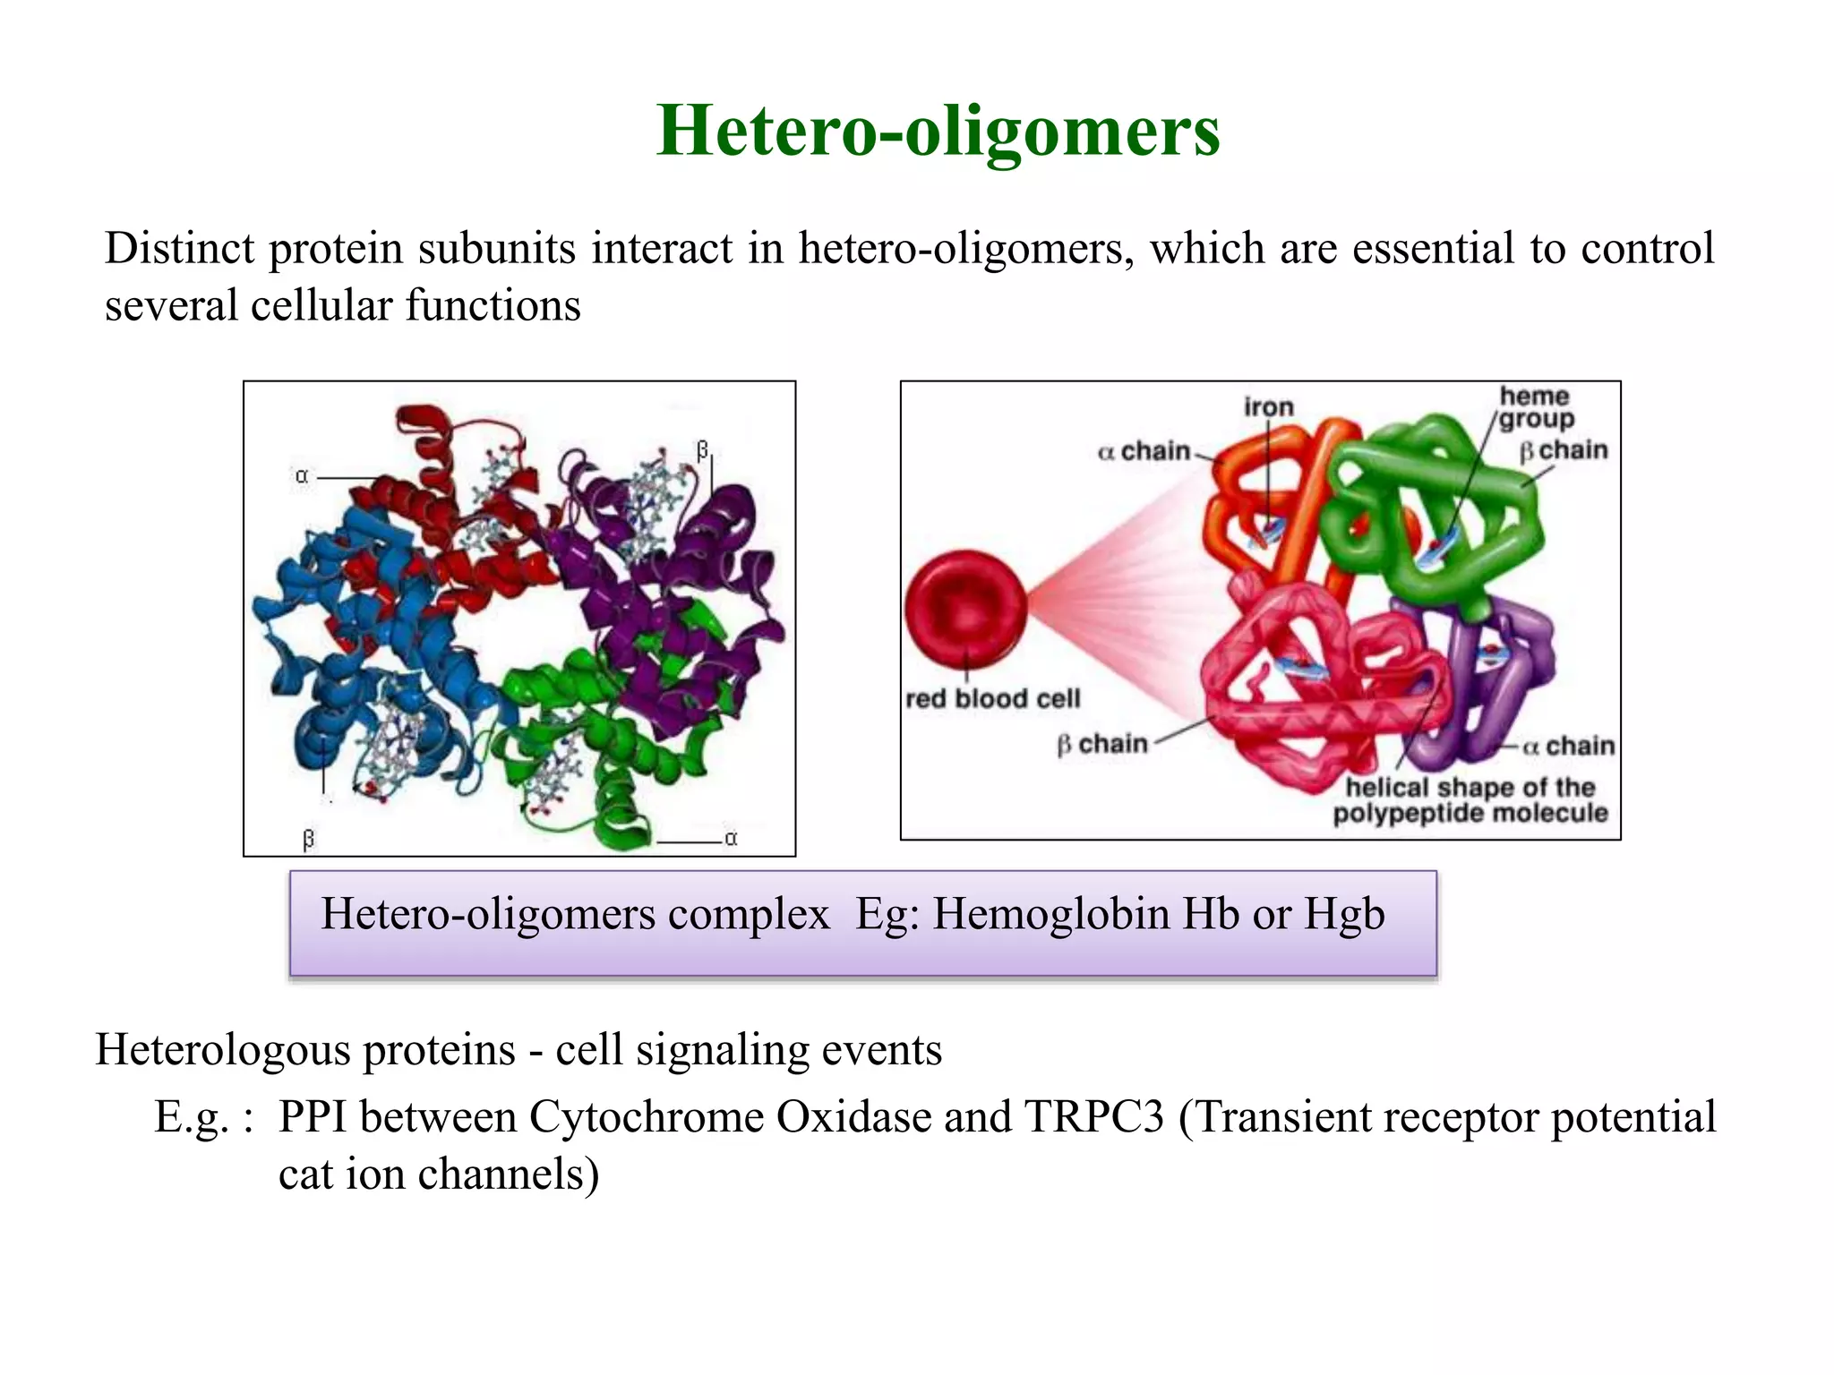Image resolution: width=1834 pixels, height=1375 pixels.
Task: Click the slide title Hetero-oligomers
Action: (x=938, y=131)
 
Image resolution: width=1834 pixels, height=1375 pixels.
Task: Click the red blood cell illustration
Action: (x=965, y=610)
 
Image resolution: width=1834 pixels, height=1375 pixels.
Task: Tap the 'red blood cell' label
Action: (x=992, y=699)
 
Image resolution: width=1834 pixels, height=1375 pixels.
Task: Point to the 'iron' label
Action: (x=1268, y=407)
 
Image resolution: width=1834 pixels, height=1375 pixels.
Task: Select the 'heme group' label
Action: (x=1535, y=408)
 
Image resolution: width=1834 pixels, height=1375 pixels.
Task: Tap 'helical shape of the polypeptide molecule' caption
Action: (x=1470, y=800)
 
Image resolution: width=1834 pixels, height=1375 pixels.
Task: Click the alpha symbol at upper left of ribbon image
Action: (x=302, y=477)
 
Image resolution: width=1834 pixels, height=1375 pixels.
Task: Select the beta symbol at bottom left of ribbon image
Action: (x=309, y=839)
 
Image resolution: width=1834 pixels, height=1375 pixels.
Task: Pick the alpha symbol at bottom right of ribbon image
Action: (x=731, y=839)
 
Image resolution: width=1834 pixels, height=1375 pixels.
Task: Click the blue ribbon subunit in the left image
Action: (x=358, y=645)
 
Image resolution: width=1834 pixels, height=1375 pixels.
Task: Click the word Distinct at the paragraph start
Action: (x=179, y=248)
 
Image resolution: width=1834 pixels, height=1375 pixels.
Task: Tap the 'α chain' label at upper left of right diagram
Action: (x=1144, y=451)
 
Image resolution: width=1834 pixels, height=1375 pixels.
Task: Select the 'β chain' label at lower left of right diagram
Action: (x=1102, y=744)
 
